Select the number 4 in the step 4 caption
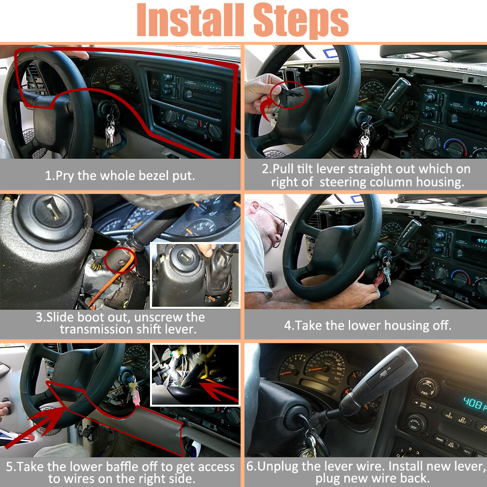[288, 325]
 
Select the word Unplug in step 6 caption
[277, 466]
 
